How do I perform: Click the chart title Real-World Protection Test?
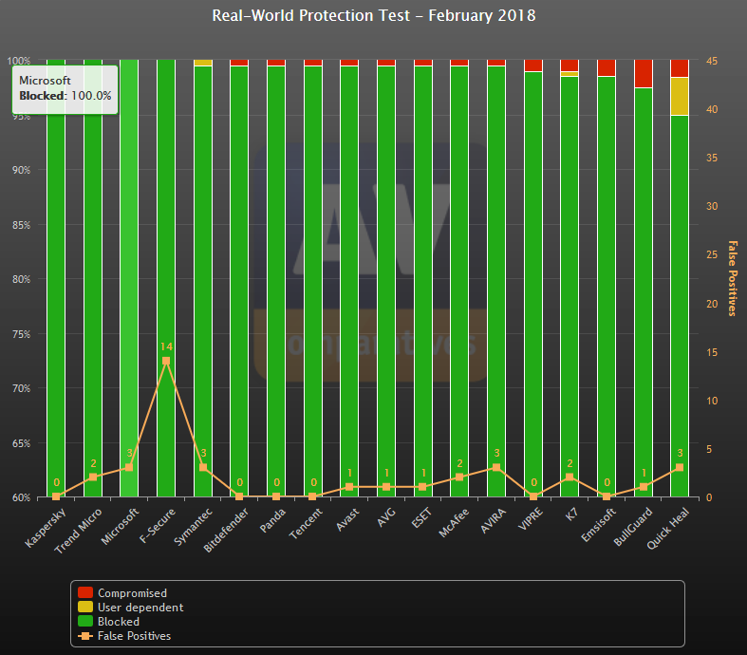373,16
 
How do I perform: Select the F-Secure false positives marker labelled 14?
166,361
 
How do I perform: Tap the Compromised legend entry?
132,593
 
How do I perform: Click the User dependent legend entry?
140,608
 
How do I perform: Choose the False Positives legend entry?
134,636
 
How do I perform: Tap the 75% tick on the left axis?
20,334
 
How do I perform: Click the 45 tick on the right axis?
712,61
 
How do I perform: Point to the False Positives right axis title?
732,278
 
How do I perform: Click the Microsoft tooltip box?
65,88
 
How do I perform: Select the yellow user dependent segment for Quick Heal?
679,96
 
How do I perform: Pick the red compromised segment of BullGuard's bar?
643,73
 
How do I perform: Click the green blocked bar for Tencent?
312,285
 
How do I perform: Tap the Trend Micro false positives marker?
93,477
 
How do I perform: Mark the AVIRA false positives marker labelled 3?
496,467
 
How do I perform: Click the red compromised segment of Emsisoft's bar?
606,67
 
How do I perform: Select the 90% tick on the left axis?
20,170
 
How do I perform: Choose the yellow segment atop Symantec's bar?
203,63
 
